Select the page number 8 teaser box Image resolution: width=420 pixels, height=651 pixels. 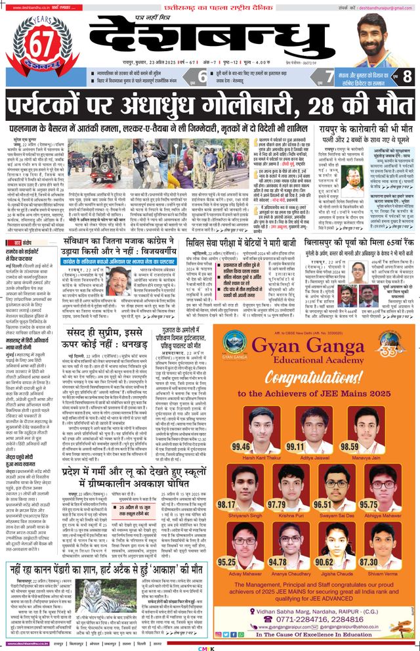[x=407, y=76]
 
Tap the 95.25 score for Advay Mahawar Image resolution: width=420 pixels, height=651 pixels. [x=227, y=562]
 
